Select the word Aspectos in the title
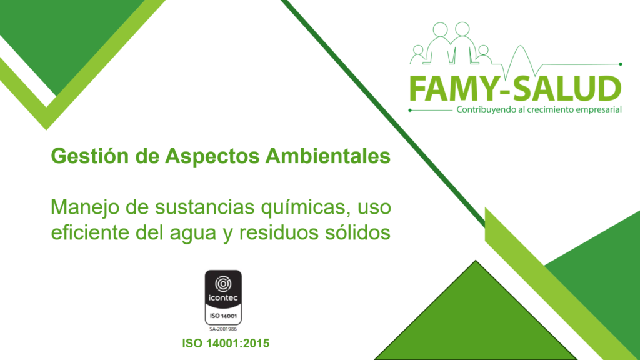[212, 156]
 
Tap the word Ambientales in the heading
[327, 156]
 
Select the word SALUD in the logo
[567, 89]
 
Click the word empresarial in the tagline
[599, 110]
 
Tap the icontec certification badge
[223, 297]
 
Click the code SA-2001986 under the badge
[223, 329]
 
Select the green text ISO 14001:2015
[226, 343]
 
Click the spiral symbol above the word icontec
[223, 284]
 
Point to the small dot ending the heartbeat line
[621, 64]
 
